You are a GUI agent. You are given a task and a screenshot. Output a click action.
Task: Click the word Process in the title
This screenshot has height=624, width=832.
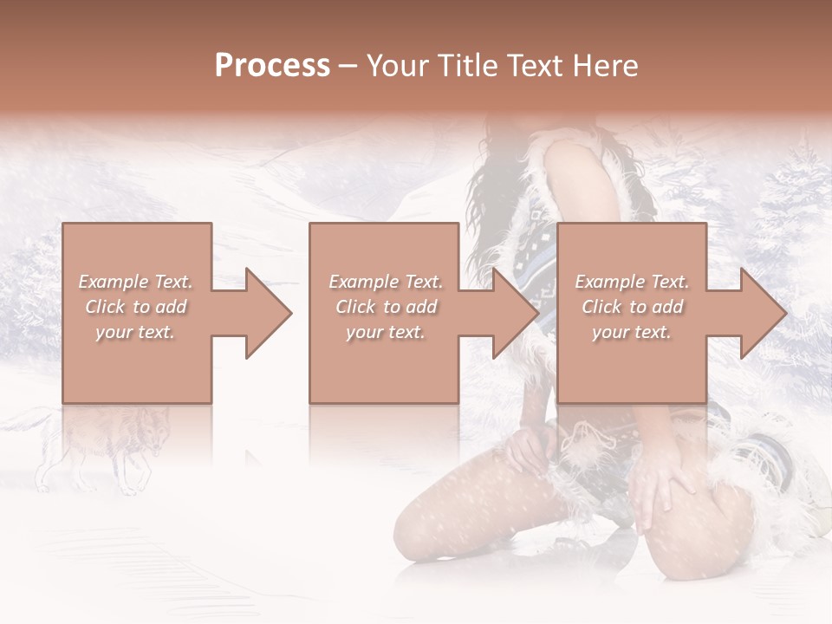point(272,66)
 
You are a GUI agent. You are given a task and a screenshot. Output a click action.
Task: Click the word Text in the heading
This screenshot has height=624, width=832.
point(531,66)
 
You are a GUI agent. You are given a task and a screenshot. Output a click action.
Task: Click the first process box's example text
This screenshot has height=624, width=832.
point(136,307)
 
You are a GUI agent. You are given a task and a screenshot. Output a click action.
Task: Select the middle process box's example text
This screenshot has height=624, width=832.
point(385,307)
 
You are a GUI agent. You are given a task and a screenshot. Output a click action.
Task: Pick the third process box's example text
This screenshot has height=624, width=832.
point(632,307)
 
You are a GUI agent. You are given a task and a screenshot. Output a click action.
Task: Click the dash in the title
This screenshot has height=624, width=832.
point(348,66)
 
